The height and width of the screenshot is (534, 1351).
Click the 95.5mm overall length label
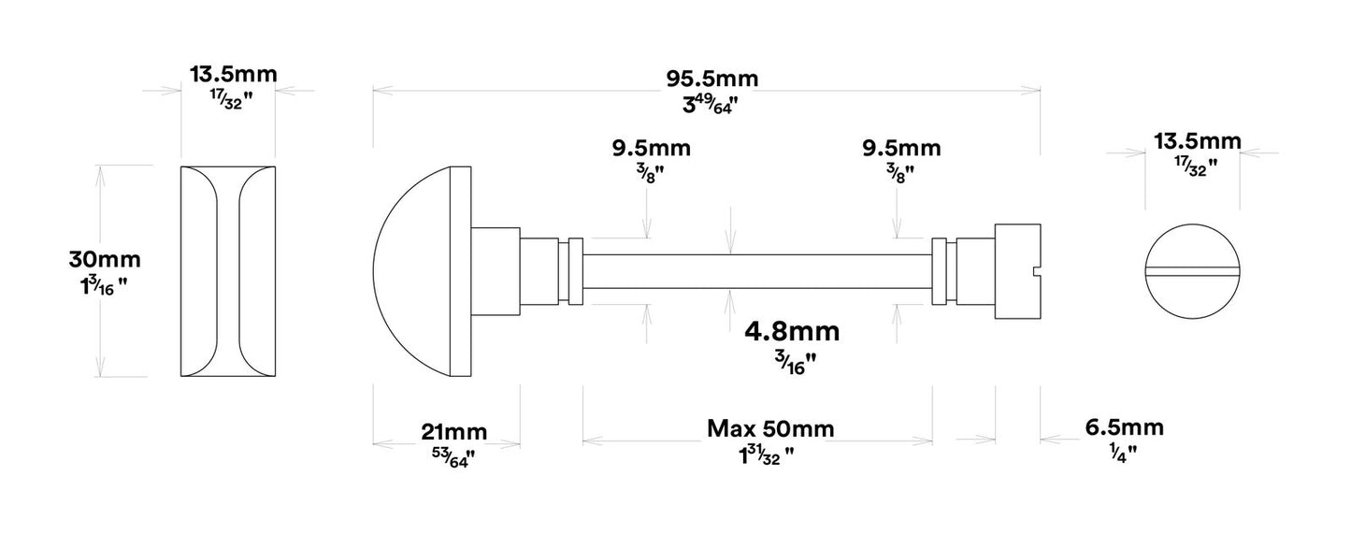pyautogui.click(x=706, y=79)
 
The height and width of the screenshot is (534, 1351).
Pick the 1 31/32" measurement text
pyautogui.click(x=766, y=455)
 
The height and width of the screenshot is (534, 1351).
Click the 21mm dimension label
pyautogui.click(x=453, y=431)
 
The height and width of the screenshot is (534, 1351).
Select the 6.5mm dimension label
pyautogui.click(x=1124, y=428)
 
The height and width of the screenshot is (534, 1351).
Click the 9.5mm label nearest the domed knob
pyautogui.click(x=652, y=148)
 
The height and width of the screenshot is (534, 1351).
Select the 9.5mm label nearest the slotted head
pyautogui.click(x=901, y=148)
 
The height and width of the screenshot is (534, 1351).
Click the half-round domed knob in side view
pyautogui.click(x=416, y=272)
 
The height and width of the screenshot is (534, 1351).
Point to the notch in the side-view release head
pyautogui.click(x=1034, y=272)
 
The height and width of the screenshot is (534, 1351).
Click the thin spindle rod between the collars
pyautogui.click(x=757, y=272)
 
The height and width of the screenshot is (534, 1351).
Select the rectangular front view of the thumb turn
pyautogui.click(x=228, y=272)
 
